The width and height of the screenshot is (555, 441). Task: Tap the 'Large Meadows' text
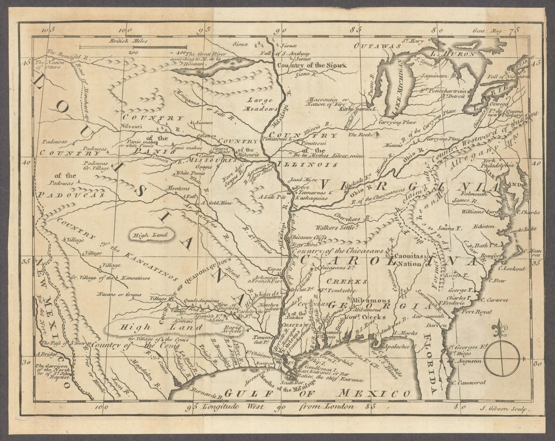tap(262, 104)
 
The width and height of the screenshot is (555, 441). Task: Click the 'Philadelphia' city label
tap(497, 165)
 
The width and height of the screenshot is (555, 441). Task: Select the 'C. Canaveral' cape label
tap(469, 383)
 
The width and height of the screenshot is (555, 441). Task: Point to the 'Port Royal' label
tap(476, 312)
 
